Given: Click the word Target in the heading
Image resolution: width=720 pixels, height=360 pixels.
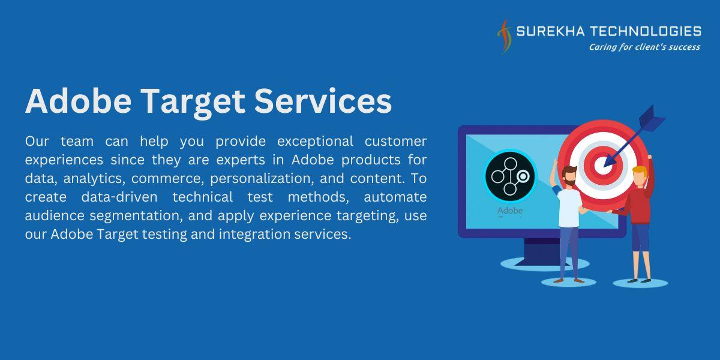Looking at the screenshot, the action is point(192,102).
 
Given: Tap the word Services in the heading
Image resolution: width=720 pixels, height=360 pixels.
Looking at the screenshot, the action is point(323,101).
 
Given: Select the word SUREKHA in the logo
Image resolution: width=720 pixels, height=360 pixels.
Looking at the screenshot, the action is point(550,31).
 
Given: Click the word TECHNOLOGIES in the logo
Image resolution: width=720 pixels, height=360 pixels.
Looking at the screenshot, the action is point(646,31).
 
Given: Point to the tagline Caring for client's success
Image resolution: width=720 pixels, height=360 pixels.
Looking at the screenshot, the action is point(644,47).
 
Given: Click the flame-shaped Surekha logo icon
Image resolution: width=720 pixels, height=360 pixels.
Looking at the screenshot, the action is point(504,36).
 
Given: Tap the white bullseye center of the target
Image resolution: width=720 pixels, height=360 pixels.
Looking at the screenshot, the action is point(602,165).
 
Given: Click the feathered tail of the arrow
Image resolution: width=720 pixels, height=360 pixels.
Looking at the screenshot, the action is point(651,119).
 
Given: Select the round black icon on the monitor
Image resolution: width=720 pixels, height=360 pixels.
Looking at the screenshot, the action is point(510,176).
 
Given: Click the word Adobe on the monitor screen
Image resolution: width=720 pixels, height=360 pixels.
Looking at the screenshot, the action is point(510,211).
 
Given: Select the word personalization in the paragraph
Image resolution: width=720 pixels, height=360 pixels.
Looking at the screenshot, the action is point(262,179).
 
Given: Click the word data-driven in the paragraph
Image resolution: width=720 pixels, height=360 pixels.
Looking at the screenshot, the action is point(119,197).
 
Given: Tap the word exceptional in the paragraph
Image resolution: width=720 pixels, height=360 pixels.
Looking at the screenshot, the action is point(315,142).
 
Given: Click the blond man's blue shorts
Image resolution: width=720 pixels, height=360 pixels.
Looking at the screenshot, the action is point(640,237).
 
